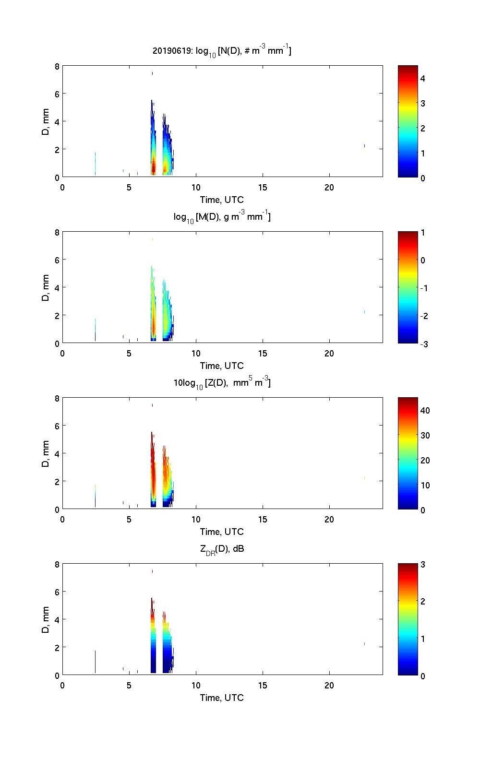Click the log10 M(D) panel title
pyautogui.click(x=222, y=217)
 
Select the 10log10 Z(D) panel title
pyautogui.click(x=222, y=383)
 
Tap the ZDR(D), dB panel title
pyautogui.click(x=222, y=549)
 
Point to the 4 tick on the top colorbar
pyautogui.click(x=423, y=78)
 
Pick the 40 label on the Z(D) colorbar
pyautogui.click(x=425, y=411)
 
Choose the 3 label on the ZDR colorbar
pyautogui.click(x=423, y=565)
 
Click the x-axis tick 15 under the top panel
pyautogui.click(x=263, y=187)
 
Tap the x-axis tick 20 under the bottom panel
pyautogui.click(x=329, y=685)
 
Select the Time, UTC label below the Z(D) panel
pyautogui.click(x=222, y=532)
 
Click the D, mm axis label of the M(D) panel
pyautogui.click(x=46, y=287)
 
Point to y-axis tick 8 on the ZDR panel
pyautogui.click(x=56, y=565)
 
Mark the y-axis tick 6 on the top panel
pyautogui.click(x=56, y=94)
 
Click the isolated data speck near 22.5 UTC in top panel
pyautogui.click(x=364, y=146)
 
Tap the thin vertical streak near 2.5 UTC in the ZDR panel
pyautogui.click(x=96, y=661)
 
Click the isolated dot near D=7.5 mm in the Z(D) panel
pyautogui.click(x=152, y=405)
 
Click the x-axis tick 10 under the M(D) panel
pyautogui.click(x=196, y=353)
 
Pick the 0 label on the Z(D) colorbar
pyautogui.click(x=423, y=510)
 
